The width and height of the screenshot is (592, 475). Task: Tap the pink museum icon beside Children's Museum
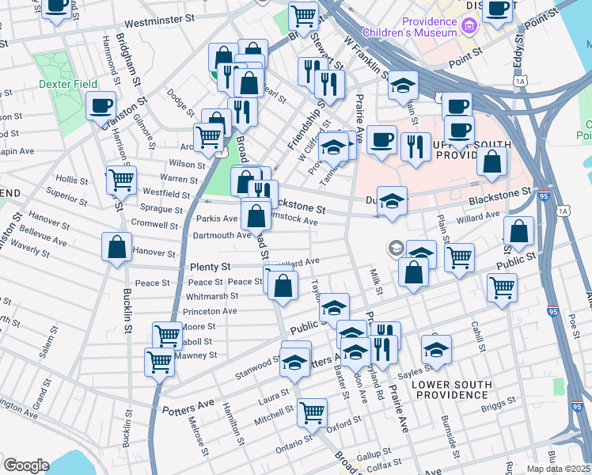pyautogui.click(x=469, y=28)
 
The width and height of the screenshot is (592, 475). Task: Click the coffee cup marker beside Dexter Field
pyautogui.click(x=101, y=106)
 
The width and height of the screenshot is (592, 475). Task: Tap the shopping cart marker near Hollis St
pyautogui.click(x=121, y=180)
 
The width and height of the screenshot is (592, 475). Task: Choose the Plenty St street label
pyautogui.click(x=210, y=268)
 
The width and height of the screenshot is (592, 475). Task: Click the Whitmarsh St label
pyautogui.click(x=212, y=296)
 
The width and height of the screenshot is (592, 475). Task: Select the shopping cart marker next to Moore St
pyautogui.click(x=167, y=336)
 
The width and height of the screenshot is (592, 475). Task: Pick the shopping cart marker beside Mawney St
pyautogui.click(x=159, y=363)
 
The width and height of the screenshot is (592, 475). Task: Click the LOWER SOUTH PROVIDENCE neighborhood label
pyautogui.click(x=453, y=389)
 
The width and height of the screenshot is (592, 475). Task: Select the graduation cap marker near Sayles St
pyautogui.click(x=435, y=349)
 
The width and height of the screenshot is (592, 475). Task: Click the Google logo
pyautogui.click(x=26, y=465)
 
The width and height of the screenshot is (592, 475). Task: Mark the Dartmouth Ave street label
pyautogui.click(x=222, y=235)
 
